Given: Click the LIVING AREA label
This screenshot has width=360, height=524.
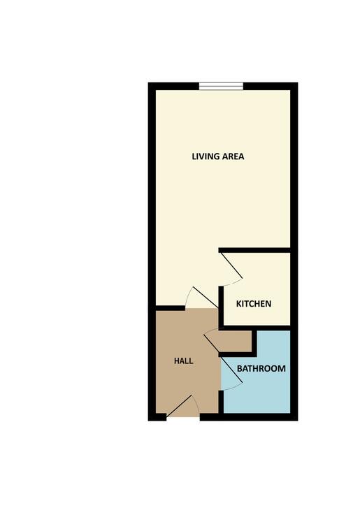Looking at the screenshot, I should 218,157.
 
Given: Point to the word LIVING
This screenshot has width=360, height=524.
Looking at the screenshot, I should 206,157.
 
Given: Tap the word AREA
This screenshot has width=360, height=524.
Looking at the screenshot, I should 233,157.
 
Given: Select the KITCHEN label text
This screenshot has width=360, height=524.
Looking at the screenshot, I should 253,304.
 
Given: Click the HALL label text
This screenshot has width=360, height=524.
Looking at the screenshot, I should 183,361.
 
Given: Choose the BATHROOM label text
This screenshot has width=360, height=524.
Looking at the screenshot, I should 261,368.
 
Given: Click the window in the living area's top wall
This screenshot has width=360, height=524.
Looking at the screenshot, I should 221,86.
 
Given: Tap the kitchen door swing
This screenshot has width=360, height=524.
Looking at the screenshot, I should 231,269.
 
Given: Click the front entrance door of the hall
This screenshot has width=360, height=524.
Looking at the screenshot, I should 185,406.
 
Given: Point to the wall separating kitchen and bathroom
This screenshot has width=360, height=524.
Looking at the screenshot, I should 255,327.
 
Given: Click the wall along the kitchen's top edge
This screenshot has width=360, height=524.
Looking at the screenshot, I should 254,250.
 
